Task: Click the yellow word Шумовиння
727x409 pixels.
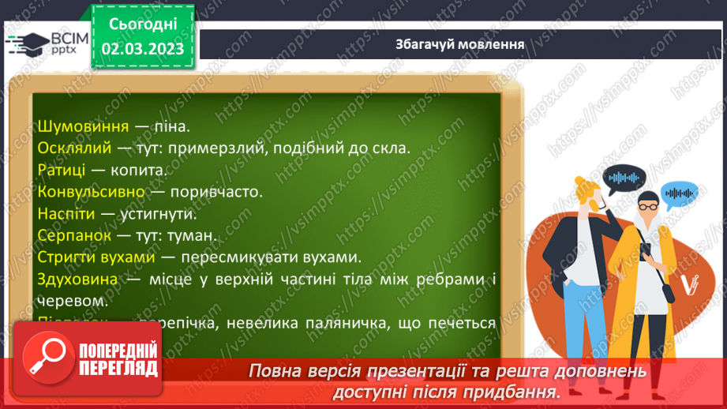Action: (x=76, y=126)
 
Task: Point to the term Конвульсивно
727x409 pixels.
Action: (x=90, y=192)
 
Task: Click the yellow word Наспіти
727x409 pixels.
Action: (x=66, y=214)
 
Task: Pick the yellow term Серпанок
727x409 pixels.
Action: (x=72, y=236)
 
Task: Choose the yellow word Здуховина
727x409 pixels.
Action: (x=77, y=280)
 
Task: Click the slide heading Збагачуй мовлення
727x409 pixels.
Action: (x=459, y=43)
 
